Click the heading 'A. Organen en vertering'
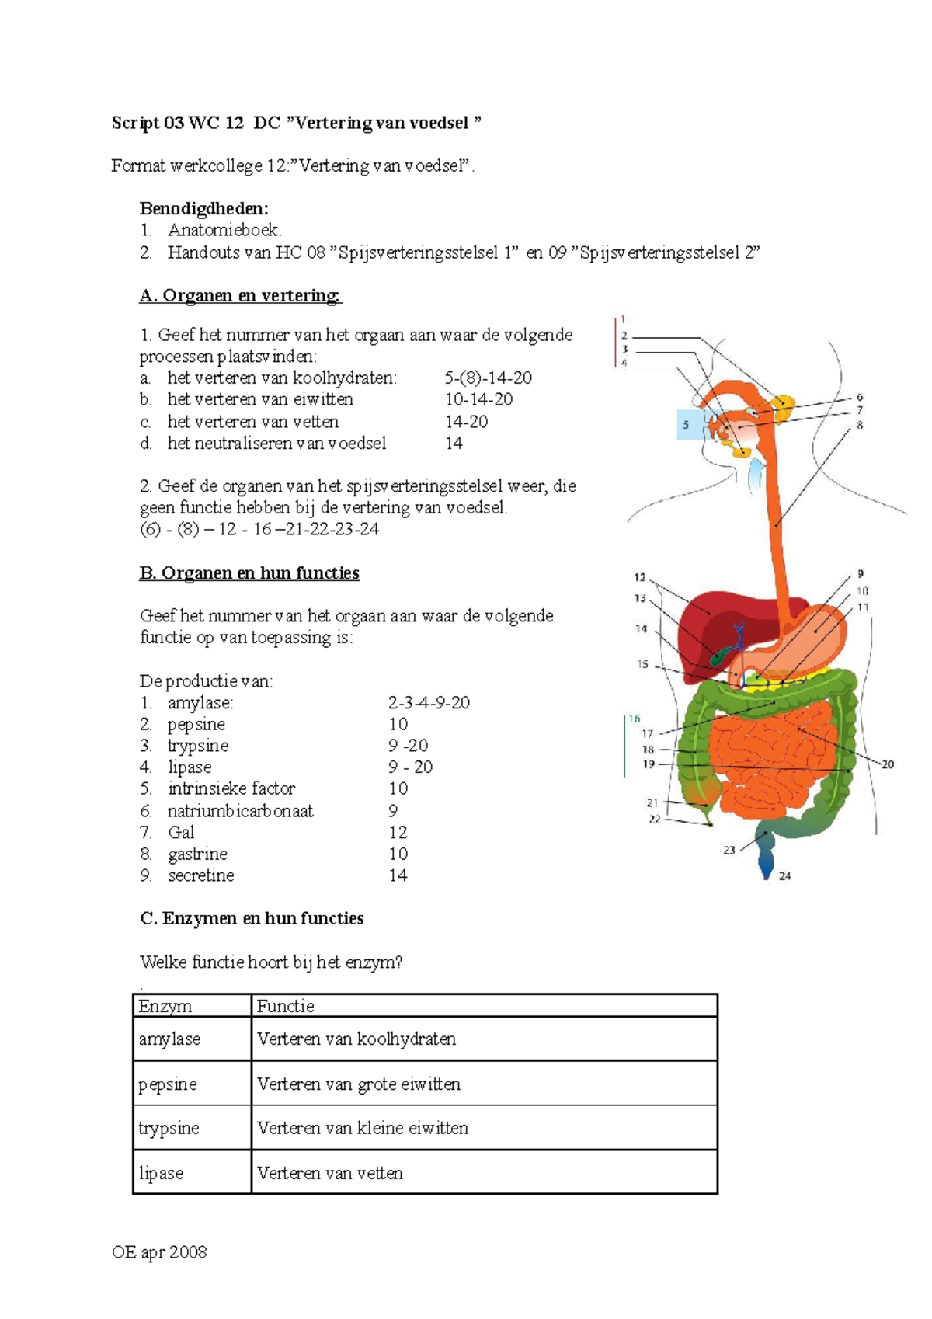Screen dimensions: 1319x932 coord(240,296)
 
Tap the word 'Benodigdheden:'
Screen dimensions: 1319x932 coord(204,208)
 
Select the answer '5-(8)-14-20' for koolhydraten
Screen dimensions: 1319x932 coord(488,378)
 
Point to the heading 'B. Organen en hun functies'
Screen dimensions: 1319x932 coord(249,573)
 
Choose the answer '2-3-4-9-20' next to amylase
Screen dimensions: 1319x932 coord(429,703)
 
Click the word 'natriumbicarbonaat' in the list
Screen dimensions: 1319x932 coord(240,811)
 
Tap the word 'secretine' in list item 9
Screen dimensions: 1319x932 coord(200,875)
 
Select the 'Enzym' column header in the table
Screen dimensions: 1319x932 coord(165,1007)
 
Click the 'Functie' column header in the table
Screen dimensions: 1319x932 coord(286,1007)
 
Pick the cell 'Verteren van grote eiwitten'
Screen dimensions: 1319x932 coord(359,1084)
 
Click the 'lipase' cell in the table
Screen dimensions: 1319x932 coord(161,1173)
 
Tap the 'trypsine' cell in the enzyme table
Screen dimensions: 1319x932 coord(169,1128)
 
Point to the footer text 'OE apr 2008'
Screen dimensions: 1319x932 coord(159,1252)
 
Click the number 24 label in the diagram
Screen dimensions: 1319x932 coord(785,876)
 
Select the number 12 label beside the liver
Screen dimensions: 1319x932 coord(640,577)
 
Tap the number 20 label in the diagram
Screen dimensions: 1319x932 coord(888,764)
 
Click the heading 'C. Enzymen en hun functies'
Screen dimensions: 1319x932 coord(252,919)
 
